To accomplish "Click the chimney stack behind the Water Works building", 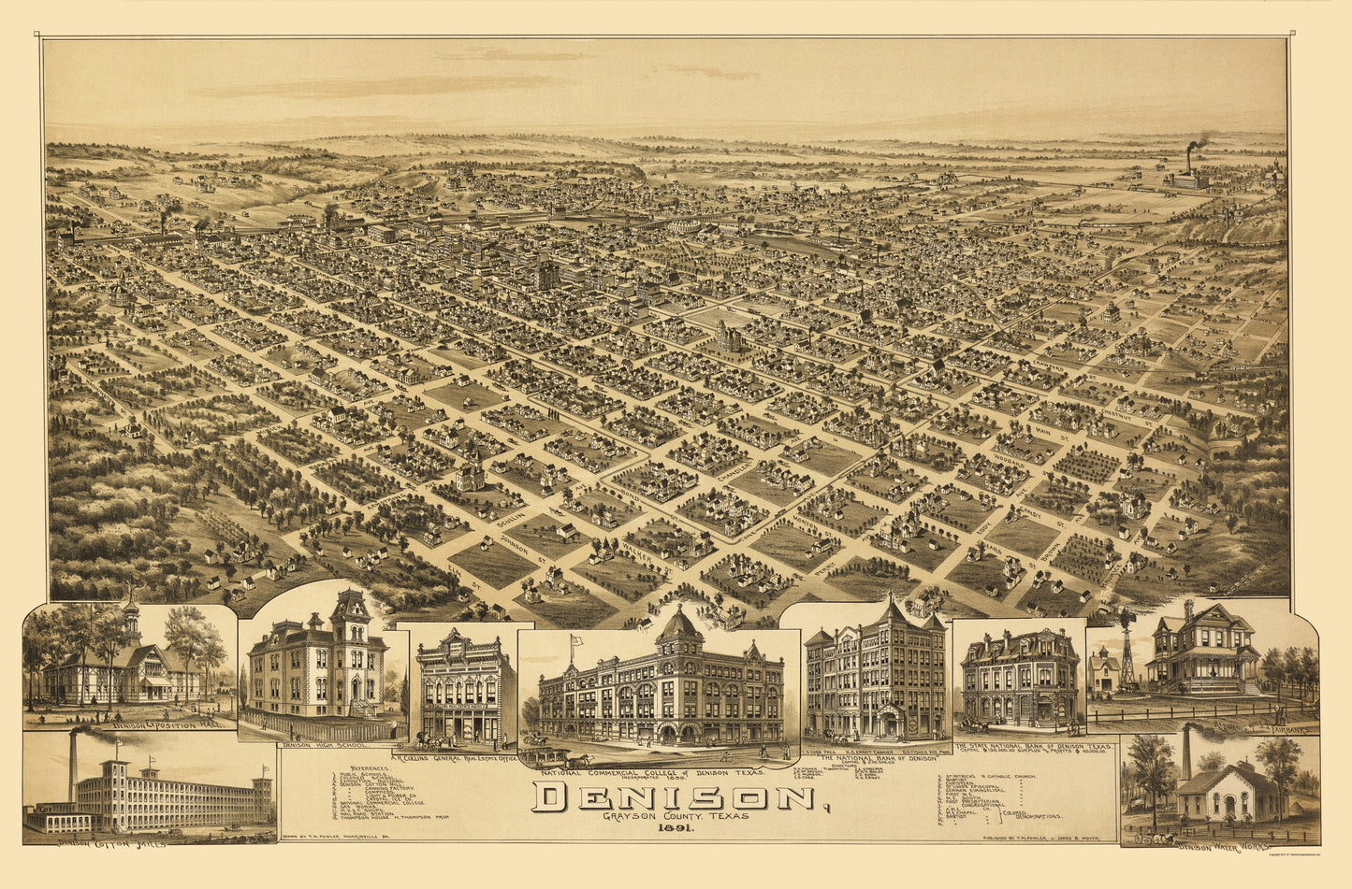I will tap(1186, 753).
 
